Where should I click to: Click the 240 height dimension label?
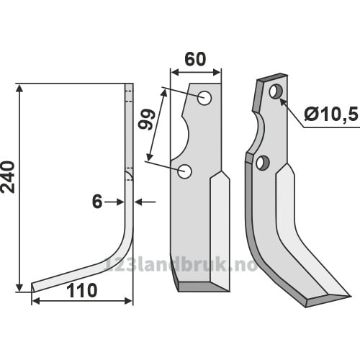8,177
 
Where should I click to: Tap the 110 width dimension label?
81,290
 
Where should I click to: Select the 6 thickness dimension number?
97,202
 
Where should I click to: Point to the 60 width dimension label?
195,59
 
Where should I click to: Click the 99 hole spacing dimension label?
146,120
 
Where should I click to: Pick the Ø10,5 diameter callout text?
330,115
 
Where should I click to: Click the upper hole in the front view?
204,98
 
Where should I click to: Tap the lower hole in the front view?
184,171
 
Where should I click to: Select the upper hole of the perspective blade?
276,91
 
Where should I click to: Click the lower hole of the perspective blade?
263,163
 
